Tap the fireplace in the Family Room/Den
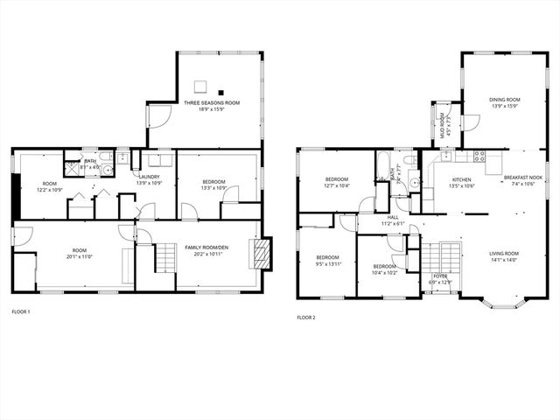pyautogui.click(x=261, y=254)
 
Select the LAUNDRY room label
pyautogui.click(x=149, y=177)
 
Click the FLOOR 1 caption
pyautogui.click(x=20, y=311)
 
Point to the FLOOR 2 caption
pyautogui.click(x=305, y=318)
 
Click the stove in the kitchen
pyautogui.click(x=479, y=156)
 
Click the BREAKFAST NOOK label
pyautogui.click(x=522, y=178)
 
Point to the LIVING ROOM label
pyautogui.click(x=504, y=254)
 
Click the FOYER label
pyautogui.click(x=439, y=276)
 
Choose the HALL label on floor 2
pyautogui.click(x=393, y=217)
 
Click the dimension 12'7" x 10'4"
pyautogui.click(x=337, y=185)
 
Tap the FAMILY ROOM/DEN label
pyautogui.click(x=206, y=248)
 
